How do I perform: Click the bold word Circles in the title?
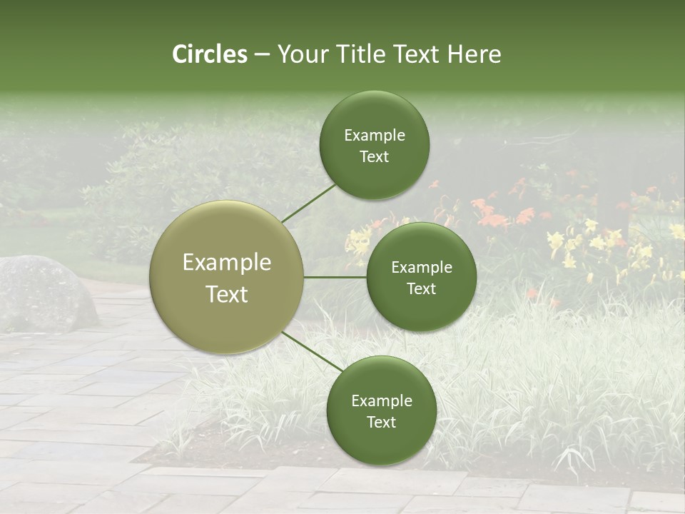(x=210, y=54)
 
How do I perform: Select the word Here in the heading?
(x=474, y=54)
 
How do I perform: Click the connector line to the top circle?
(x=309, y=203)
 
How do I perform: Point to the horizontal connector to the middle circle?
(x=335, y=277)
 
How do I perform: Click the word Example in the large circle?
(x=227, y=263)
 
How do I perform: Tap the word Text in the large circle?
(x=227, y=294)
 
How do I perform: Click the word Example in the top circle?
(x=374, y=136)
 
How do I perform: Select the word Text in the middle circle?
(x=421, y=289)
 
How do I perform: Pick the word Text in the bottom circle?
(x=381, y=423)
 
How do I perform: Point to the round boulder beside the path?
(x=43, y=293)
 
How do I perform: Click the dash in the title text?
(x=262, y=55)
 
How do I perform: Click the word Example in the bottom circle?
(x=381, y=401)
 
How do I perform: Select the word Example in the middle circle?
(x=421, y=268)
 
